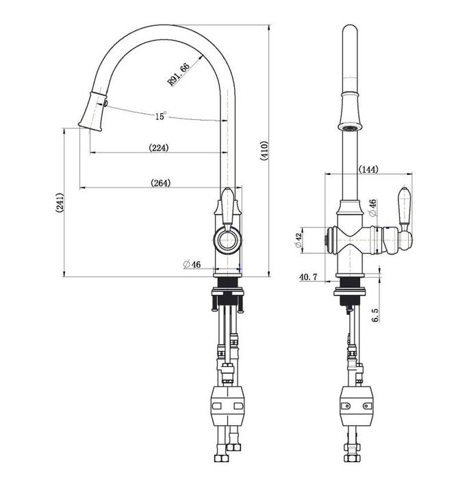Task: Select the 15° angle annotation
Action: pyautogui.click(x=160, y=117)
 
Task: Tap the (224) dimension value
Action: pyautogui.click(x=158, y=147)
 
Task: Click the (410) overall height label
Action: pyautogui.click(x=264, y=151)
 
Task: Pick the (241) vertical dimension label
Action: pyautogui.click(x=60, y=205)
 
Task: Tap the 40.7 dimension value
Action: pyautogui.click(x=309, y=277)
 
